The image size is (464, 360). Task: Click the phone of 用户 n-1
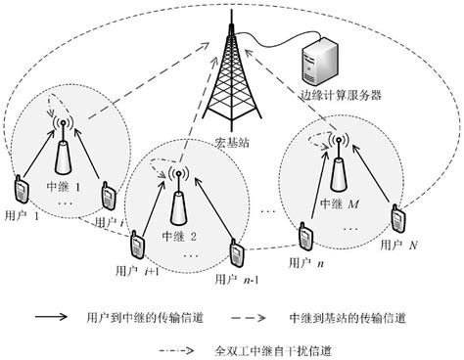236,251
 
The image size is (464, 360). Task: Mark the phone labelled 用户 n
304,236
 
